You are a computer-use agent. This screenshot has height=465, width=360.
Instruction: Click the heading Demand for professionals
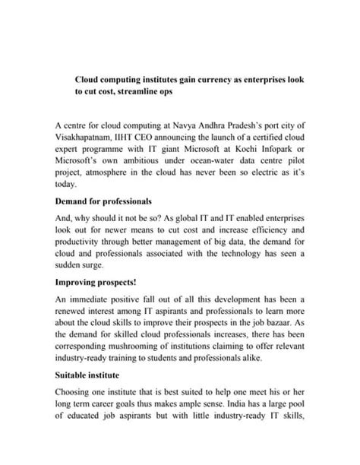pos(104,202)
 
